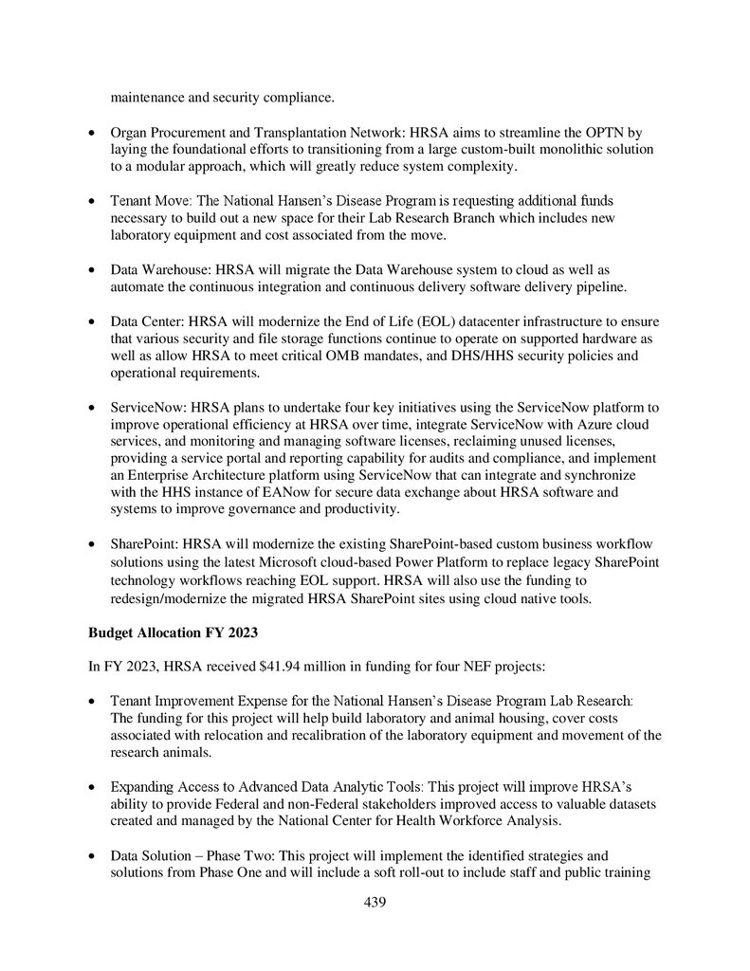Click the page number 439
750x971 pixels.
pos(375,902)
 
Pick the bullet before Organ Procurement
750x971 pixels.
pos(90,133)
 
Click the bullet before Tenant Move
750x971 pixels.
pos(90,201)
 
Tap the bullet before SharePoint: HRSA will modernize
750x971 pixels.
pos(90,543)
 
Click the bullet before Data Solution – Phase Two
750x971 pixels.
pos(90,854)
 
